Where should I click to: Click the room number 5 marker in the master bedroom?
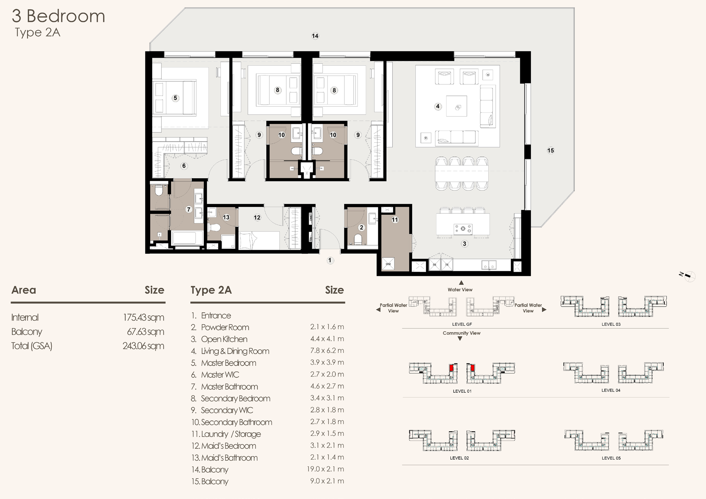[175, 98]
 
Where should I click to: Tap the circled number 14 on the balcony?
[315, 36]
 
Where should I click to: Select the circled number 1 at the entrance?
[330, 260]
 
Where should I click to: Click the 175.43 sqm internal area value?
[143, 317]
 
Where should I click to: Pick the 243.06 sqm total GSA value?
[143, 346]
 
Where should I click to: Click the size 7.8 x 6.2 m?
[327, 350]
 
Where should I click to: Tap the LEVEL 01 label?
[462, 391]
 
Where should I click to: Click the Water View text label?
[460, 290]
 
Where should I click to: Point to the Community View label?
[461, 333]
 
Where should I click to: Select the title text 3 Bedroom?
[58, 16]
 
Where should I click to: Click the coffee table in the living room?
[457, 106]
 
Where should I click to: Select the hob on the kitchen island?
[463, 229]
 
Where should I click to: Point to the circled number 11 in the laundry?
[395, 220]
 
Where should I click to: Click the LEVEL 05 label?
[611, 458]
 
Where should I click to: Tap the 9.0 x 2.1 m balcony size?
[327, 481]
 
